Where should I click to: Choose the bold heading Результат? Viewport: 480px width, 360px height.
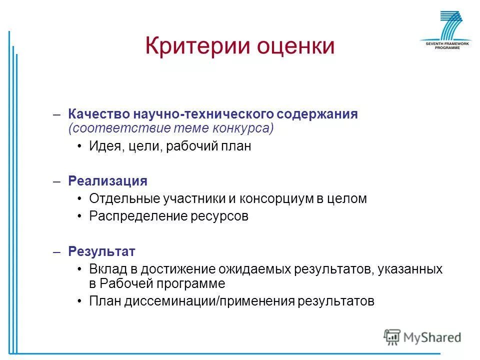click(101, 251)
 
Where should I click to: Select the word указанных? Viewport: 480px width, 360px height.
click(410, 269)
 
